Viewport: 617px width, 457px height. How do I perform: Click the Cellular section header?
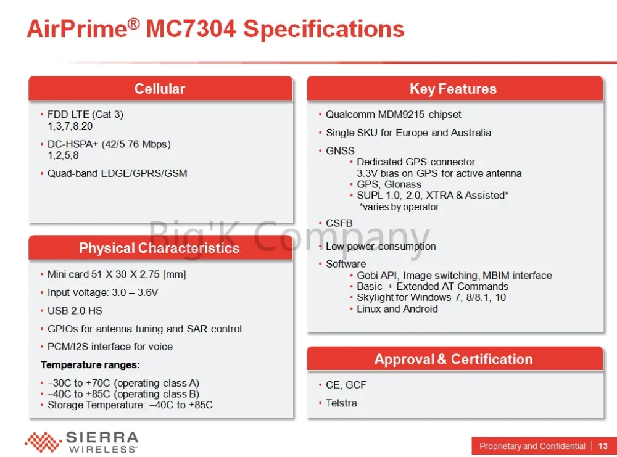click(x=160, y=89)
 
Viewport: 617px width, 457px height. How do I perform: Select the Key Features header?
click(x=453, y=89)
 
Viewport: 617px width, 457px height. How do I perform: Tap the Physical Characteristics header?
click(x=159, y=248)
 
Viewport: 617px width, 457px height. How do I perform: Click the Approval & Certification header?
click(x=453, y=359)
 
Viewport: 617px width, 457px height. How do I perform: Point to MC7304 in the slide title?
click(x=191, y=29)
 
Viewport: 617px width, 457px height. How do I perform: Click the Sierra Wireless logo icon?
click(x=43, y=442)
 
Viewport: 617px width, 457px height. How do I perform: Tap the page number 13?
click(x=602, y=446)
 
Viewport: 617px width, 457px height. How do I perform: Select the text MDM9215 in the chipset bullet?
click(x=401, y=115)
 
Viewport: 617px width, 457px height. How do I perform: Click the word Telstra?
click(x=341, y=403)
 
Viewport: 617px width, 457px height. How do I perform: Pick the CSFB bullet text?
click(x=339, y=223)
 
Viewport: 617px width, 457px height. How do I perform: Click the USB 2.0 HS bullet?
click(x=75, y=311)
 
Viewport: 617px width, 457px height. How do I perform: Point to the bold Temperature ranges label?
click(x=91, y=365)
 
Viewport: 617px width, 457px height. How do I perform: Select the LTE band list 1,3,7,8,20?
click(x=70, y=126)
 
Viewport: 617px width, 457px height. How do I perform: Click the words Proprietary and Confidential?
click(x=532, y=446)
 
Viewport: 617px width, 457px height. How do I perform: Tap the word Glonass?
click(x=402, y=184)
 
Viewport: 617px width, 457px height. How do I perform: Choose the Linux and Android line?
click(x=397, y=309)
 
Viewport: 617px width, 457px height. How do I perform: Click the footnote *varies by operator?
click(x=399, y=207)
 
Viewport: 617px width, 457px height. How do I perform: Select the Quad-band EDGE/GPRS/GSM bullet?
click(x=117, y=173)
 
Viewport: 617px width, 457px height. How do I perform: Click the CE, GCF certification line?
click(x=346, y=385)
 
